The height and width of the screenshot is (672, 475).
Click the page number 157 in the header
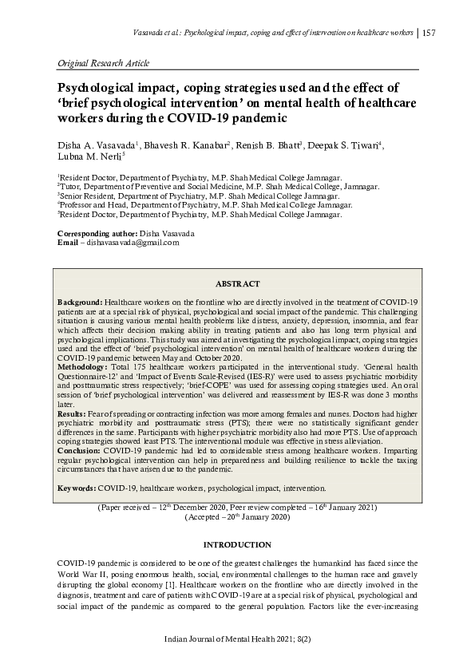point(428,33)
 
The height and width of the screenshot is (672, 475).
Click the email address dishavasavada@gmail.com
point(129,242)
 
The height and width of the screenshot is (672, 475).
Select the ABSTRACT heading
point(238,283)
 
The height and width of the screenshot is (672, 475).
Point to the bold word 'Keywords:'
point(77,487)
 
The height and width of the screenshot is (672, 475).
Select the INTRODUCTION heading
point(237,544)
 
